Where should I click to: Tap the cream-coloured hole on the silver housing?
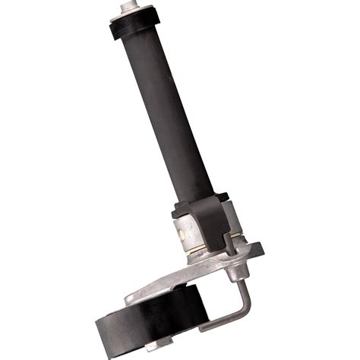(175, 215)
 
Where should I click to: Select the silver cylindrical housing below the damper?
(190, 228)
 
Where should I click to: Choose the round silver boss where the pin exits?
(237, 267)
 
